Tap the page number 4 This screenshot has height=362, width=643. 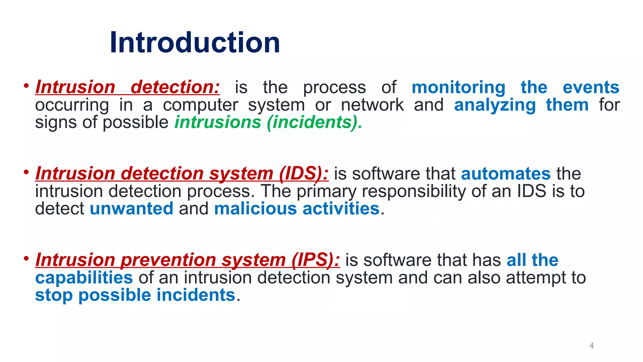click(592, 346)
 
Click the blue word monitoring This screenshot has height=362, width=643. click(458, 87)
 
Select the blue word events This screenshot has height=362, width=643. click(591, 87)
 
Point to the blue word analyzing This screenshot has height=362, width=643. click(495, 105)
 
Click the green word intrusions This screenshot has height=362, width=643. click(218, 122)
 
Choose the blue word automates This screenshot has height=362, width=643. click(505, 174)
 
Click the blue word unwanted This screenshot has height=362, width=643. click(132, 209)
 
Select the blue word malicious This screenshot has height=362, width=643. click(255, 209)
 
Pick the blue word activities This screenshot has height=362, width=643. click(341, 209)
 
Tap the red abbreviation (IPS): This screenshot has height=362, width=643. click(315, 260)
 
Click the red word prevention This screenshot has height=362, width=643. click(168, 260)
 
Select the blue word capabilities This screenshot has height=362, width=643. click(84, 278)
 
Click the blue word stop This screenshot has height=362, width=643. click(54, 295)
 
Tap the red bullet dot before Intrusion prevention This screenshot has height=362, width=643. click(26, 258)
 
